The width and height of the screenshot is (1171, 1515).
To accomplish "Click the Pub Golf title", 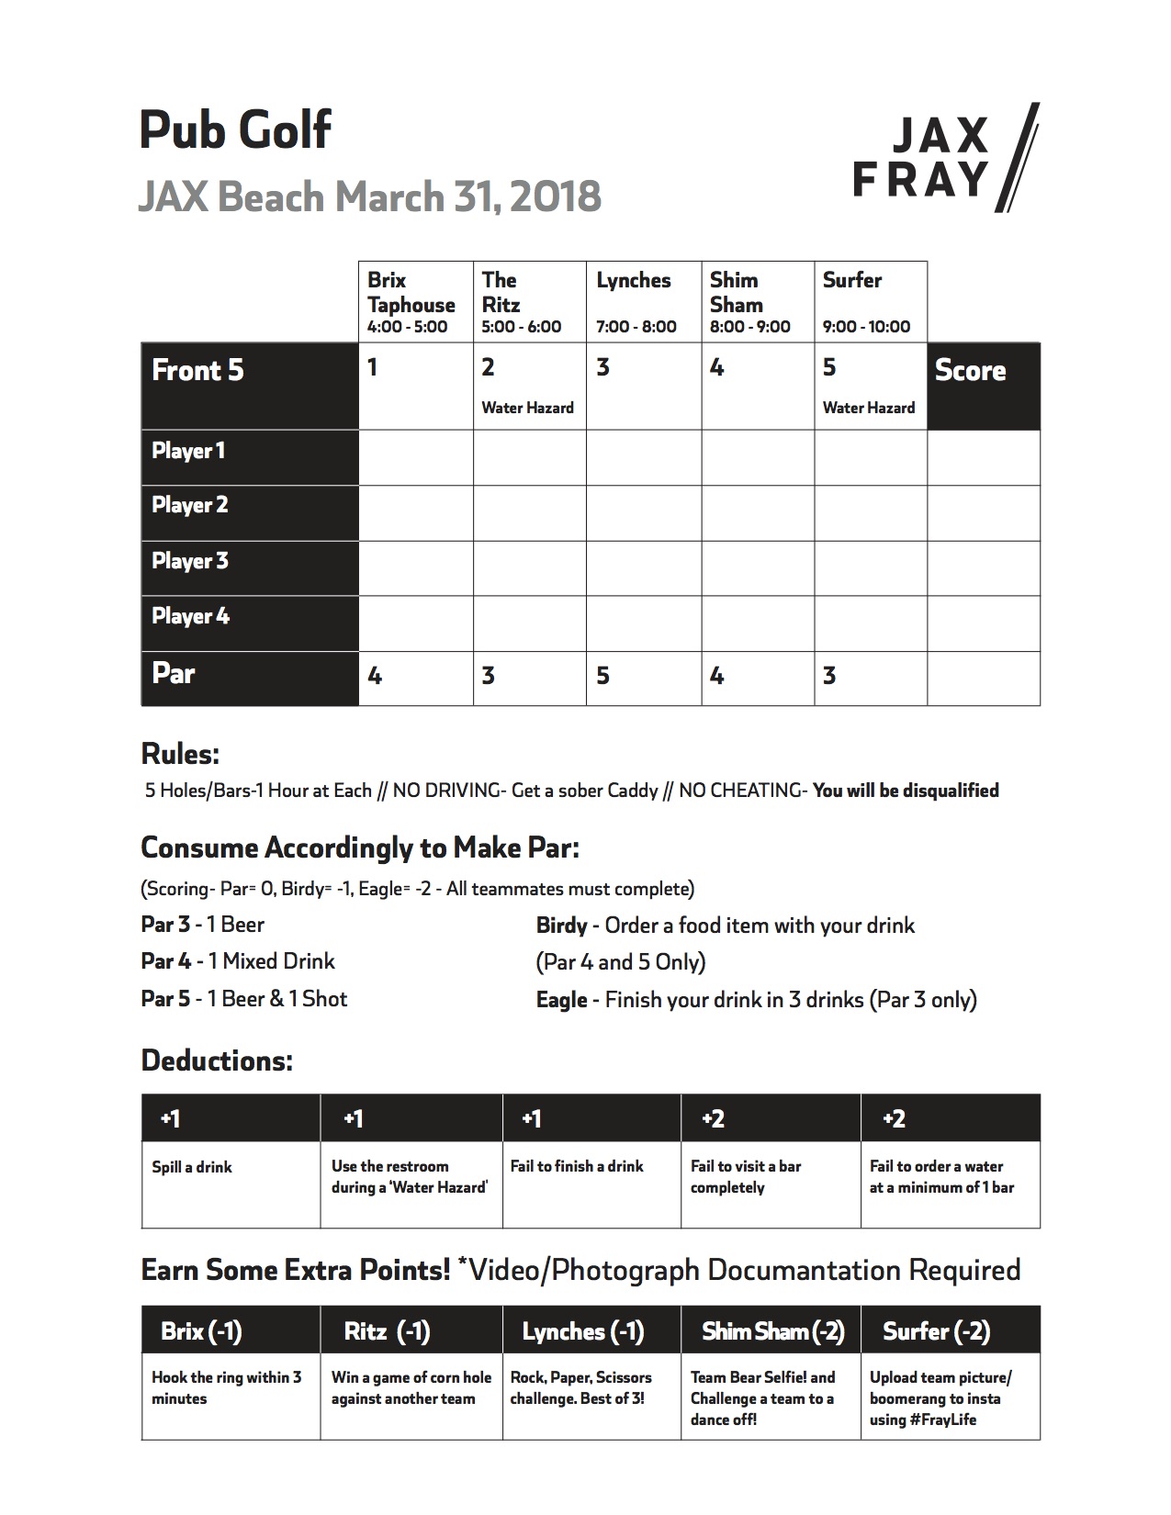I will pyautogui.click(x=235, y=129).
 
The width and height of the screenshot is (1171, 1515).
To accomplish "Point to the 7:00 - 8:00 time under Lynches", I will pyautogui.click(x=636, y=327).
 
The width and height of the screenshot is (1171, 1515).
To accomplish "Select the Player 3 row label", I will pyautogui.click(x=190, y=561).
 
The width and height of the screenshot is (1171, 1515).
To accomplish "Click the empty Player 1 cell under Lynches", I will pyautogui.click(x=644, y=457).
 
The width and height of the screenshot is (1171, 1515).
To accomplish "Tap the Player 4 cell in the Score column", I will pyautogui.click(x=984, y=623).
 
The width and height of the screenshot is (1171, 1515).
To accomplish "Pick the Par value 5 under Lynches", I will pyautogui.click(x=602, y=677).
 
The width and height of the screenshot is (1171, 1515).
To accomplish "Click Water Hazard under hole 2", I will pyautogui.click(x=527, y=408).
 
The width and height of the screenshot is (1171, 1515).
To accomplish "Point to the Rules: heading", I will pyautogui.click(x=180, y=755).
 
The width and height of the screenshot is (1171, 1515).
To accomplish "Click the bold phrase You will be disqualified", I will pyautogui.click(x=906, y=791).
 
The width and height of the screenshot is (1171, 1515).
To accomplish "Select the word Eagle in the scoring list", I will pyautogui.click(x=561, y=1000).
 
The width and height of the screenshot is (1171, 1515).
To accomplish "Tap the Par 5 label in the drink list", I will pyautogui.click(x=166, y=999).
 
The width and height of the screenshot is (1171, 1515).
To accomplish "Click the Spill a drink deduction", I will pyautogui.click(x=192, y=1167).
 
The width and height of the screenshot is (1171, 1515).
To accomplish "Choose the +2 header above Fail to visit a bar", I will pyautogui.click(x=713, y=1118).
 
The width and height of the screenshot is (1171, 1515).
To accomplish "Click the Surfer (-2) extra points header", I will pyautogui.click(x=936, y=1331).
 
